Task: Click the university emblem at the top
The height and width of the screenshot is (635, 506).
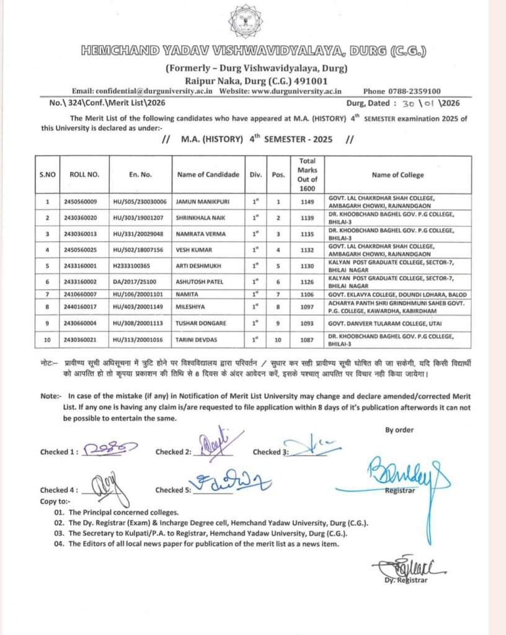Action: [x=245, y=22]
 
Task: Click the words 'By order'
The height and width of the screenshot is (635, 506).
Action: [x=399, y=430]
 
